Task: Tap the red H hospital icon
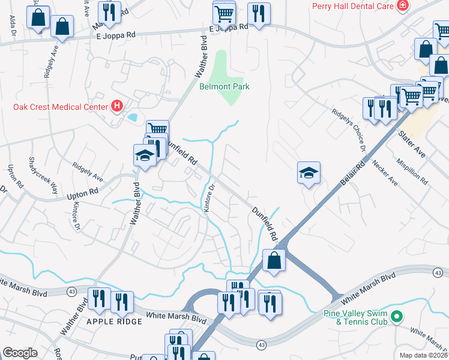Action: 117,107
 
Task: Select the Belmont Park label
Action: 224,86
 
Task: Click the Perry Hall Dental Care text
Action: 352,7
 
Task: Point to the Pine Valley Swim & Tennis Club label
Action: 358,317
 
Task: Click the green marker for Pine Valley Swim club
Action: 396,316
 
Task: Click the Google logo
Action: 20,353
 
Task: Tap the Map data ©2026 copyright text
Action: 423,355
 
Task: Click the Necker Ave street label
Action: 384,172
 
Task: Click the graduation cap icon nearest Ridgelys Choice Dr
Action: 309,173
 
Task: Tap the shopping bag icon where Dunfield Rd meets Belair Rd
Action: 274,261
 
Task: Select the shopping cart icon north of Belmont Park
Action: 224,13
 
